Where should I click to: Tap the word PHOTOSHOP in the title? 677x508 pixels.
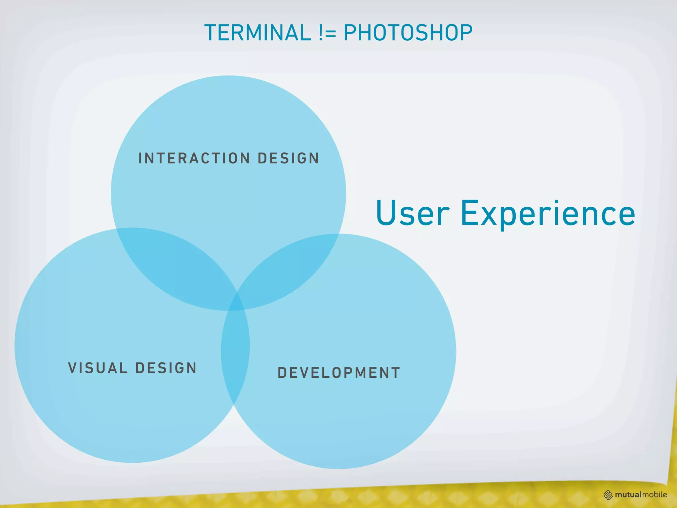(408, 33)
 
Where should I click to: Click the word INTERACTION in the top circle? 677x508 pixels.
(194, 158)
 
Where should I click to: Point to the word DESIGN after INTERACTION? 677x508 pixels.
(288, 158)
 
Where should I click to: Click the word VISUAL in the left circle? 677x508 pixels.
(98, 368)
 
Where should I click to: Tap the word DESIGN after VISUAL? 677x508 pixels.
(166, 368)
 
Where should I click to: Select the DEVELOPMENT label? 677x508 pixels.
(339, 373)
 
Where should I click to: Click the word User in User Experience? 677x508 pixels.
(413, 213)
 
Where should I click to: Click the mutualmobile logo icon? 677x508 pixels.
(608, 495)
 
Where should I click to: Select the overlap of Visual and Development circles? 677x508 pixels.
(235, 351)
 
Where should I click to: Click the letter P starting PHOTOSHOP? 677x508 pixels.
(350, 33)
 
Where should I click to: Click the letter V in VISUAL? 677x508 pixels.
(72, 368)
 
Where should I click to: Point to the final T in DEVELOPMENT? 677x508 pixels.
(395, 373)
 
